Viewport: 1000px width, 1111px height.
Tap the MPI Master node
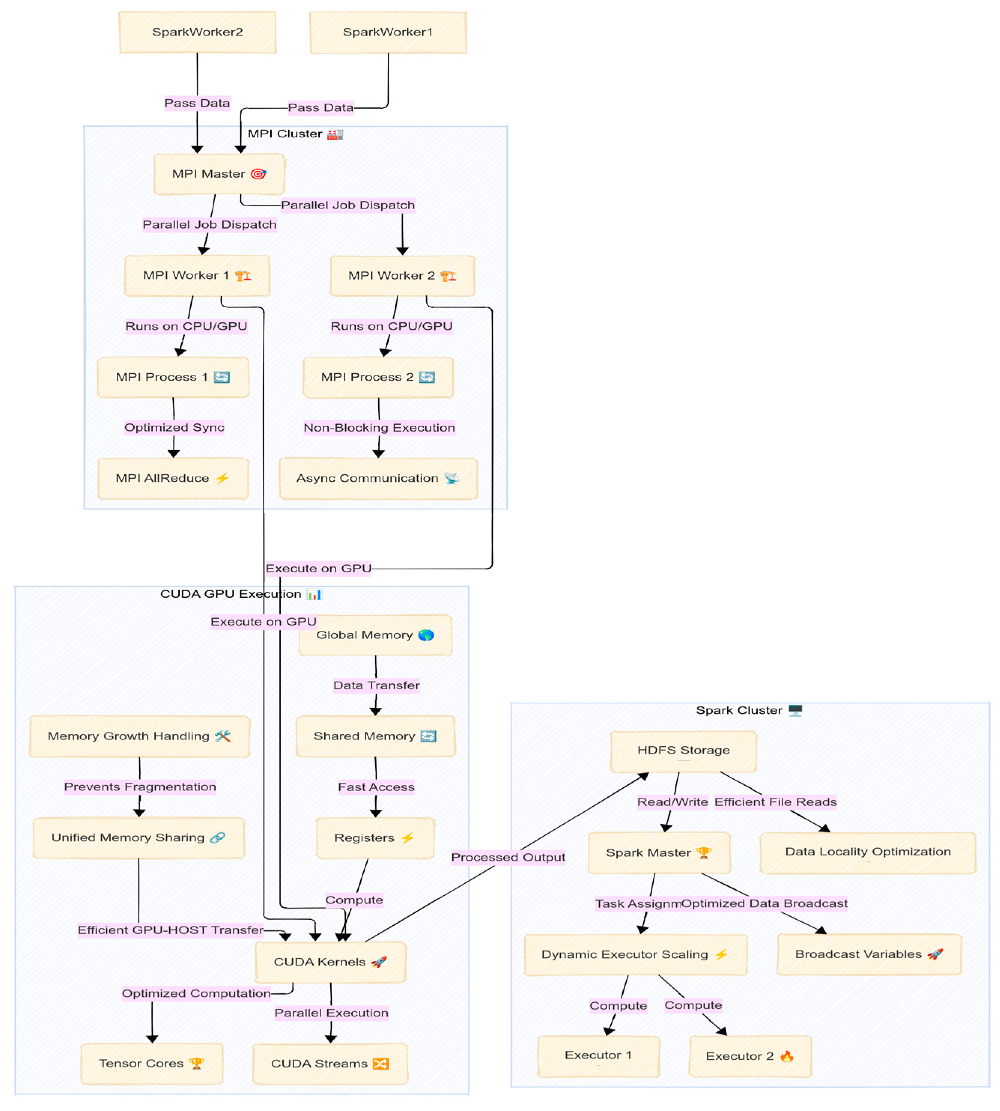[x=219, y=174]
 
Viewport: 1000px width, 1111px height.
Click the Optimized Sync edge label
[x=174, y=427]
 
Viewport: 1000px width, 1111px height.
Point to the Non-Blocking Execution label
[x=379, y=428]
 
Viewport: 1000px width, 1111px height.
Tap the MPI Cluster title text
[x=285, y=134]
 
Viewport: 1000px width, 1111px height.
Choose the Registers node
[x=375, y=838]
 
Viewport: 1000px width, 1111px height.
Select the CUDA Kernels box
[x=330, y=962]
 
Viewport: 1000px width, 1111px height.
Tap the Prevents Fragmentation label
[x=140, y=787]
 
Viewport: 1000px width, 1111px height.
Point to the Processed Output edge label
[x=508, y=857]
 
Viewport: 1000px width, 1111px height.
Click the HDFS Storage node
[x=683, y=751]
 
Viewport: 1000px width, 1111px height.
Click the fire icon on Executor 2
[x=787, y=1056]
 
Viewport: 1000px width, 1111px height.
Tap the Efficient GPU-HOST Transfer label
[x=170, y=930]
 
